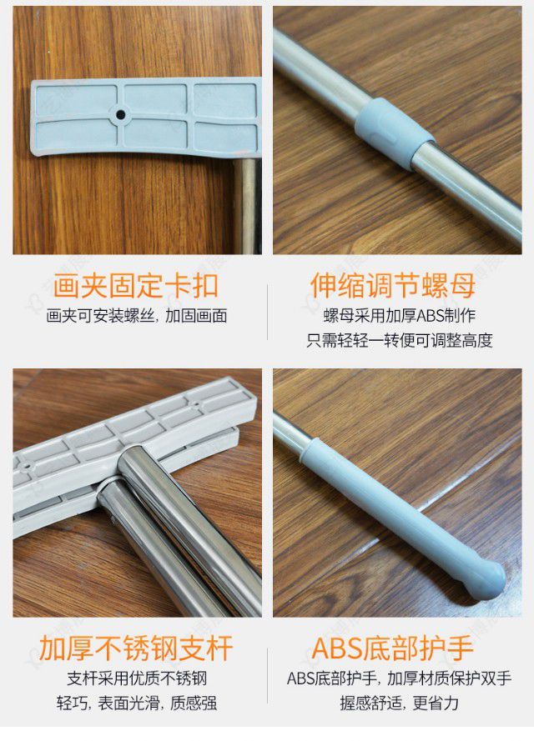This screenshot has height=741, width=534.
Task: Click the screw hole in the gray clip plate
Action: tap(121, 113)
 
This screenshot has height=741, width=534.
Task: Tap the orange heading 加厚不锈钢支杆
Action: tap(136, 648)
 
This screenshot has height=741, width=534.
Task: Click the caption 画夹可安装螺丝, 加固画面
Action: tap(137, 316)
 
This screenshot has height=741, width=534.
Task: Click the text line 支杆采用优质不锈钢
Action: tap(136, 678)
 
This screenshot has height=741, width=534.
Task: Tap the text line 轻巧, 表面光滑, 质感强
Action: tap(136, 703)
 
